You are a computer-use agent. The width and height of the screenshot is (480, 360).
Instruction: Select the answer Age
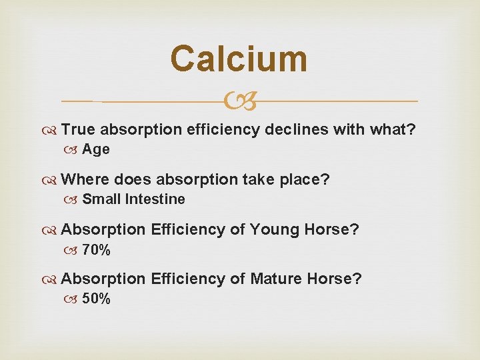[96, 149]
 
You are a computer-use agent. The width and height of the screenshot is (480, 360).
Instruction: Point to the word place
[307, 180]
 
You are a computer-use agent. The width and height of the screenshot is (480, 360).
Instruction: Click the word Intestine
[155, 199]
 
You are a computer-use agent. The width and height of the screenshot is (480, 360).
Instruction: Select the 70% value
[97, 251]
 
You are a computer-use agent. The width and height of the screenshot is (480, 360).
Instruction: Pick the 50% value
[97, 299]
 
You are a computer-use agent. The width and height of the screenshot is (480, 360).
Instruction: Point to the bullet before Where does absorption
[53, 180]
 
